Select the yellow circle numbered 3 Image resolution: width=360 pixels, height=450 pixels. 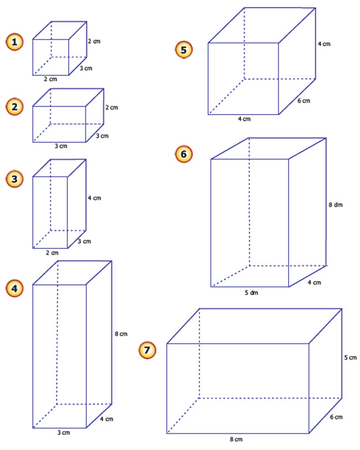[x=15, y=178]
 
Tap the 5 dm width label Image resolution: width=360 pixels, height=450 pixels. [x=250, y=292]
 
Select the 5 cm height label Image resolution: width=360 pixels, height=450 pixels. [x=350, y=358]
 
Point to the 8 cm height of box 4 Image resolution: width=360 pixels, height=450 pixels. [x=121, y=334]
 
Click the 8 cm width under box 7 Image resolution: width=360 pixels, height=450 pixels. [x=236, y=439]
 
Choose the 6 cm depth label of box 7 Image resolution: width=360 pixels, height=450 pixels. [x=336, y=417]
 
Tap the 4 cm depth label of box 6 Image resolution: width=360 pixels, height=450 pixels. [x=315, y=283]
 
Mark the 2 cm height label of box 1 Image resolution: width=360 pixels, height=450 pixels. [x=94, y=41]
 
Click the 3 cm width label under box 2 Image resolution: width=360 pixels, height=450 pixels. [x=61, y=147]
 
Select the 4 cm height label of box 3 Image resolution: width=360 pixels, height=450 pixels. [x=94, y=198]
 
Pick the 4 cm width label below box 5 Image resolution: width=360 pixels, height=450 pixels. [x=244, y=120]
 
